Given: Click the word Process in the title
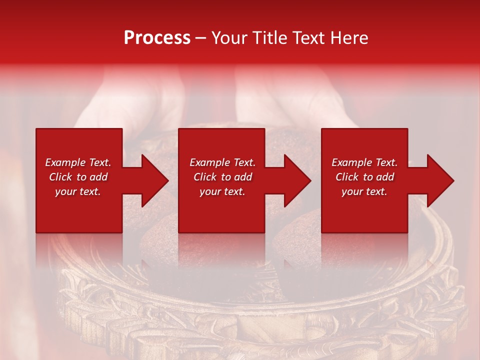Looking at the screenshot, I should tap(157, 38).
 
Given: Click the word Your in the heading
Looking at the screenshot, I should tap(230, 38).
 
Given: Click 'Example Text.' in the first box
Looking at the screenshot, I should tap(78, 162).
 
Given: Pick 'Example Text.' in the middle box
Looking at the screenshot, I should tap(222, 162).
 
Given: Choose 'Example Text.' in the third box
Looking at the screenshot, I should tap(364, 162).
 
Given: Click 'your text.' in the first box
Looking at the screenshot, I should tap(78, 191).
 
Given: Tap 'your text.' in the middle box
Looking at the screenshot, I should tap(222, 191).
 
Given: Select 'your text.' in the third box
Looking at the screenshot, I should tap(364, 191).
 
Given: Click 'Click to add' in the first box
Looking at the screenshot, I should tap(78, 177).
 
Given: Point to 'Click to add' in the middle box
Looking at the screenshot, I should tap(222, 177).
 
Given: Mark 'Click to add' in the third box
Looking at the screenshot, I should tap(364, 177).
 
